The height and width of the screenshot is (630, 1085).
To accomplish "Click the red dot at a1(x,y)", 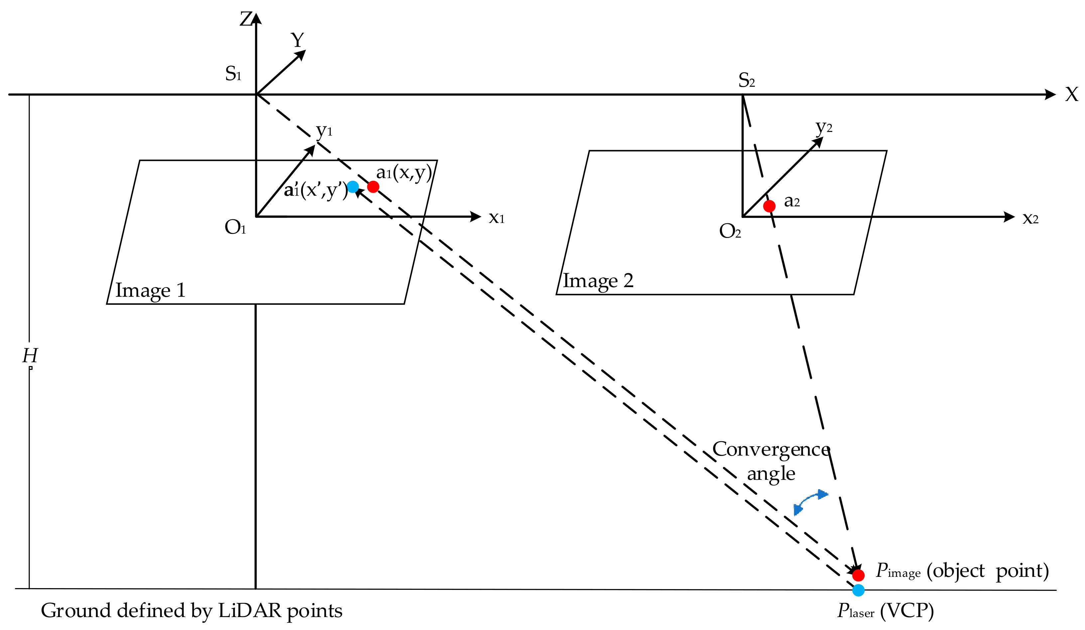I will click(x=373, y=187).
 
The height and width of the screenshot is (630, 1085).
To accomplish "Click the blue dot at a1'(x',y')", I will click(x=353, y=187).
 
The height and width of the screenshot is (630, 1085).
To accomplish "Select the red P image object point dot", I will click(x=858, y=576).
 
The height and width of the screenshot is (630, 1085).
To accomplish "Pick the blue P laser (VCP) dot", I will click(x=858, y=590).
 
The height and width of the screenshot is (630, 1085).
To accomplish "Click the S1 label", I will click(x=233, y=74).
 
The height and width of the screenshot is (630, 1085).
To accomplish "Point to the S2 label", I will click(x=746, y=80).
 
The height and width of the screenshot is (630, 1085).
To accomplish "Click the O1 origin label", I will click(x=235, y=227).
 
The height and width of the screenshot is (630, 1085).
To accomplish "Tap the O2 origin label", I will click(x=730, y=231).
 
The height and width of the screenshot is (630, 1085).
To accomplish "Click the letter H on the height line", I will click(x=30, y=356).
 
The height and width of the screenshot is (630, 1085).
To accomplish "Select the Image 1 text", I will click(x=150, y=290).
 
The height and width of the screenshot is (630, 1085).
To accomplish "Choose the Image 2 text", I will click(x=598, y=281).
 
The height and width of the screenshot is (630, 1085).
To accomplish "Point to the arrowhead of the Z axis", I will click(x=256, y=18).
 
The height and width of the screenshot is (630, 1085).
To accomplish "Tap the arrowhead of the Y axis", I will click(x=301, y=54).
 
